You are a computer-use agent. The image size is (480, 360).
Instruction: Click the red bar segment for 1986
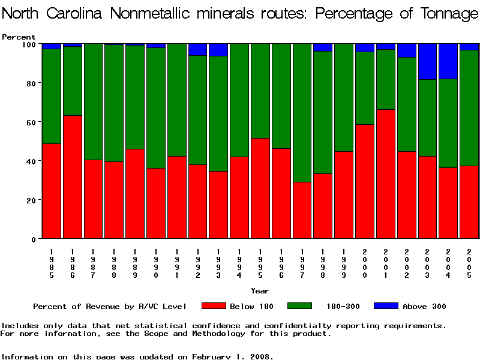coord(73,177)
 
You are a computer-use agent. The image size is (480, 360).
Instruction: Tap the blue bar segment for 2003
coord(427,61)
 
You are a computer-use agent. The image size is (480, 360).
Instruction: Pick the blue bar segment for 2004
coord(448,61)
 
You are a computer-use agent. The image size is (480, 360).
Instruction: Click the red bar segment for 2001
coord(385,174)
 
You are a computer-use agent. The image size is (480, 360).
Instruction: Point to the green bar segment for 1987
coord(93,102)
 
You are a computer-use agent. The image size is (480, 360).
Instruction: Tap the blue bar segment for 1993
coord(218,50)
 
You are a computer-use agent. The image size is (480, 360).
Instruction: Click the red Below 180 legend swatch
coord(214,306)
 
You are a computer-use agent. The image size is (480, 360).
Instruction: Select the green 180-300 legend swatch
coord(300,306)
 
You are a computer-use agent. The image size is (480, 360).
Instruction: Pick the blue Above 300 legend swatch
coord(386,306)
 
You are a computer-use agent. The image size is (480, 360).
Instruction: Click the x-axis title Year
coord(260,291)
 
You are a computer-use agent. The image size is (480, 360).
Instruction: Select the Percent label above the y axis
coord(19,37)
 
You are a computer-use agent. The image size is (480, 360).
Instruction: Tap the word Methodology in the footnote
coord(269,334)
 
